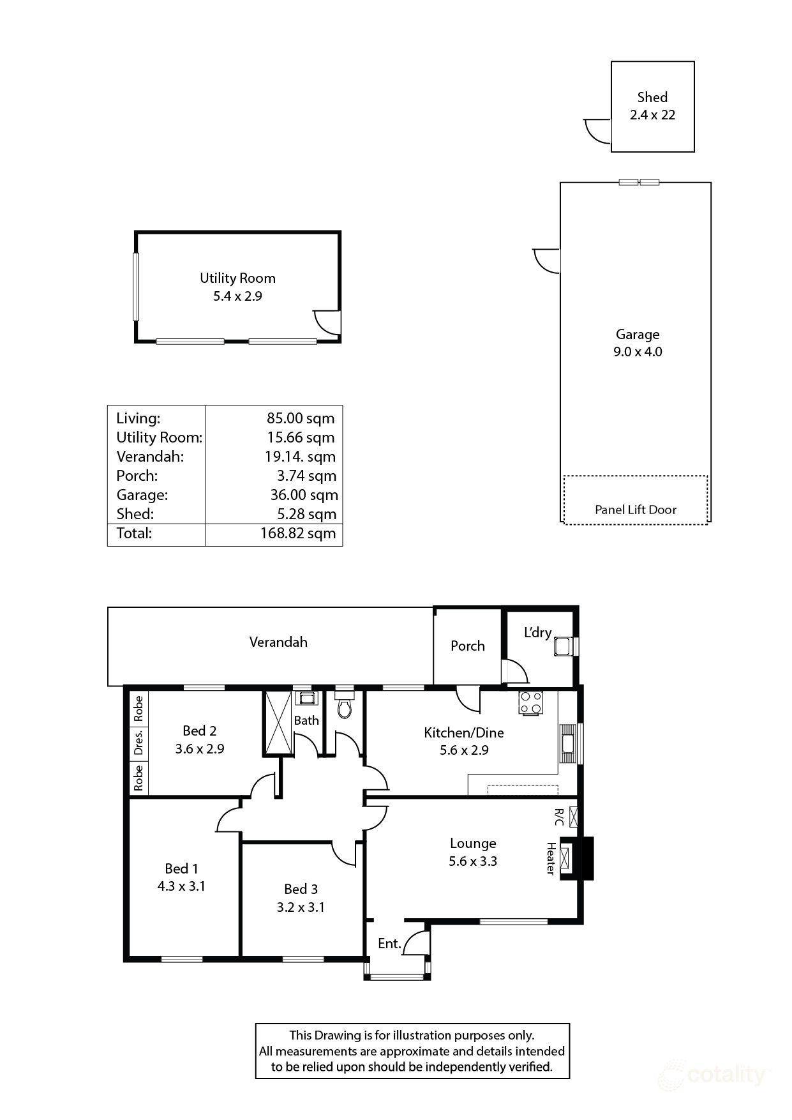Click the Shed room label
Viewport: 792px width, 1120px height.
click(652, 97)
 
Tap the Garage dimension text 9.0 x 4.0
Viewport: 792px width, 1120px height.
click(638, 352)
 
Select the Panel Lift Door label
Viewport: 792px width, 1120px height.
click(635, 510)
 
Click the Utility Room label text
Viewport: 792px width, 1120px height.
click(237, 278)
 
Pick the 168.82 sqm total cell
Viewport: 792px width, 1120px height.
click(297, 534)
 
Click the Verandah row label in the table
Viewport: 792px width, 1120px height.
click(150, 457)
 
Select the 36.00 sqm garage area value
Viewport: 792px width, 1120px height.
click(304, 495)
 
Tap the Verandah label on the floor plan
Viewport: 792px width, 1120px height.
click(278, 642)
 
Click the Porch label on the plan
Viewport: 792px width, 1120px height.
click(467, 646)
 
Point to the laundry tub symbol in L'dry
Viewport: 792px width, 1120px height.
click(562, 646)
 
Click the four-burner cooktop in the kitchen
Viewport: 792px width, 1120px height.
click(531, 702)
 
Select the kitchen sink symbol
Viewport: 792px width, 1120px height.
click(567, 743)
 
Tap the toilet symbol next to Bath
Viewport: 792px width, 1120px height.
click(345, 708)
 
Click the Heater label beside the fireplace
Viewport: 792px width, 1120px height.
click(550, 858)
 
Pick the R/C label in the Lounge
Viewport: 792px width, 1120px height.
click(559, 817)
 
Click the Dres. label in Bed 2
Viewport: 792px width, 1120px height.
click(138, 743)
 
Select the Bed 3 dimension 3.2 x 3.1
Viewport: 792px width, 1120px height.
click(301, 907)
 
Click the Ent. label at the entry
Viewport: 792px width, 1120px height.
click(389, 943)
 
